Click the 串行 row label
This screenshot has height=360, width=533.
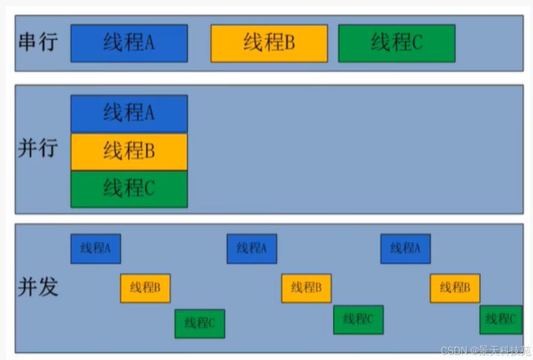(38, 42)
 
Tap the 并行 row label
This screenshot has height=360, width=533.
(38, 149)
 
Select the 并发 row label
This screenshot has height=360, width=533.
(38, 287)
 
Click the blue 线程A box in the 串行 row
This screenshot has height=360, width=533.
(129, 43)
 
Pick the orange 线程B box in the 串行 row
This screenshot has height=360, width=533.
(269, 43)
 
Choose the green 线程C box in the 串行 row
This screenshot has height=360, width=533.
(396, 43)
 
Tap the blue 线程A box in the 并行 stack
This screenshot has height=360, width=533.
(129, 113)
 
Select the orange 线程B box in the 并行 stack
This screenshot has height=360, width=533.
(129, 152)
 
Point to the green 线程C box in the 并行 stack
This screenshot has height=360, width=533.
(129, 189)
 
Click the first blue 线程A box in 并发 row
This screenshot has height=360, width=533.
(95, 249)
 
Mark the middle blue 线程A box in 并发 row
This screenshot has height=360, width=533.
(252, 249)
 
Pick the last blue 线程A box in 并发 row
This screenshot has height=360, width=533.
(406, 249)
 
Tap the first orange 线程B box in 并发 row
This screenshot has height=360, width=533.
(145, 288)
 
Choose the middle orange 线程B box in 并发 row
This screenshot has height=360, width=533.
(306, 288)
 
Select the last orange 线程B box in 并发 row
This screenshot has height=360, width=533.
(455, 288)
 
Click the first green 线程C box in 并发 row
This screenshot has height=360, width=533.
(200, 323)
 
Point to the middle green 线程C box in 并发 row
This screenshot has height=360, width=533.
(358, 320)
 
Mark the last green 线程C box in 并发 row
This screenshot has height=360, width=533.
(501, 320)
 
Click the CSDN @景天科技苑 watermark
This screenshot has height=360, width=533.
(486, 351)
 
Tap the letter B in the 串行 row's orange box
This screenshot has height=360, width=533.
(289, 43)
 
